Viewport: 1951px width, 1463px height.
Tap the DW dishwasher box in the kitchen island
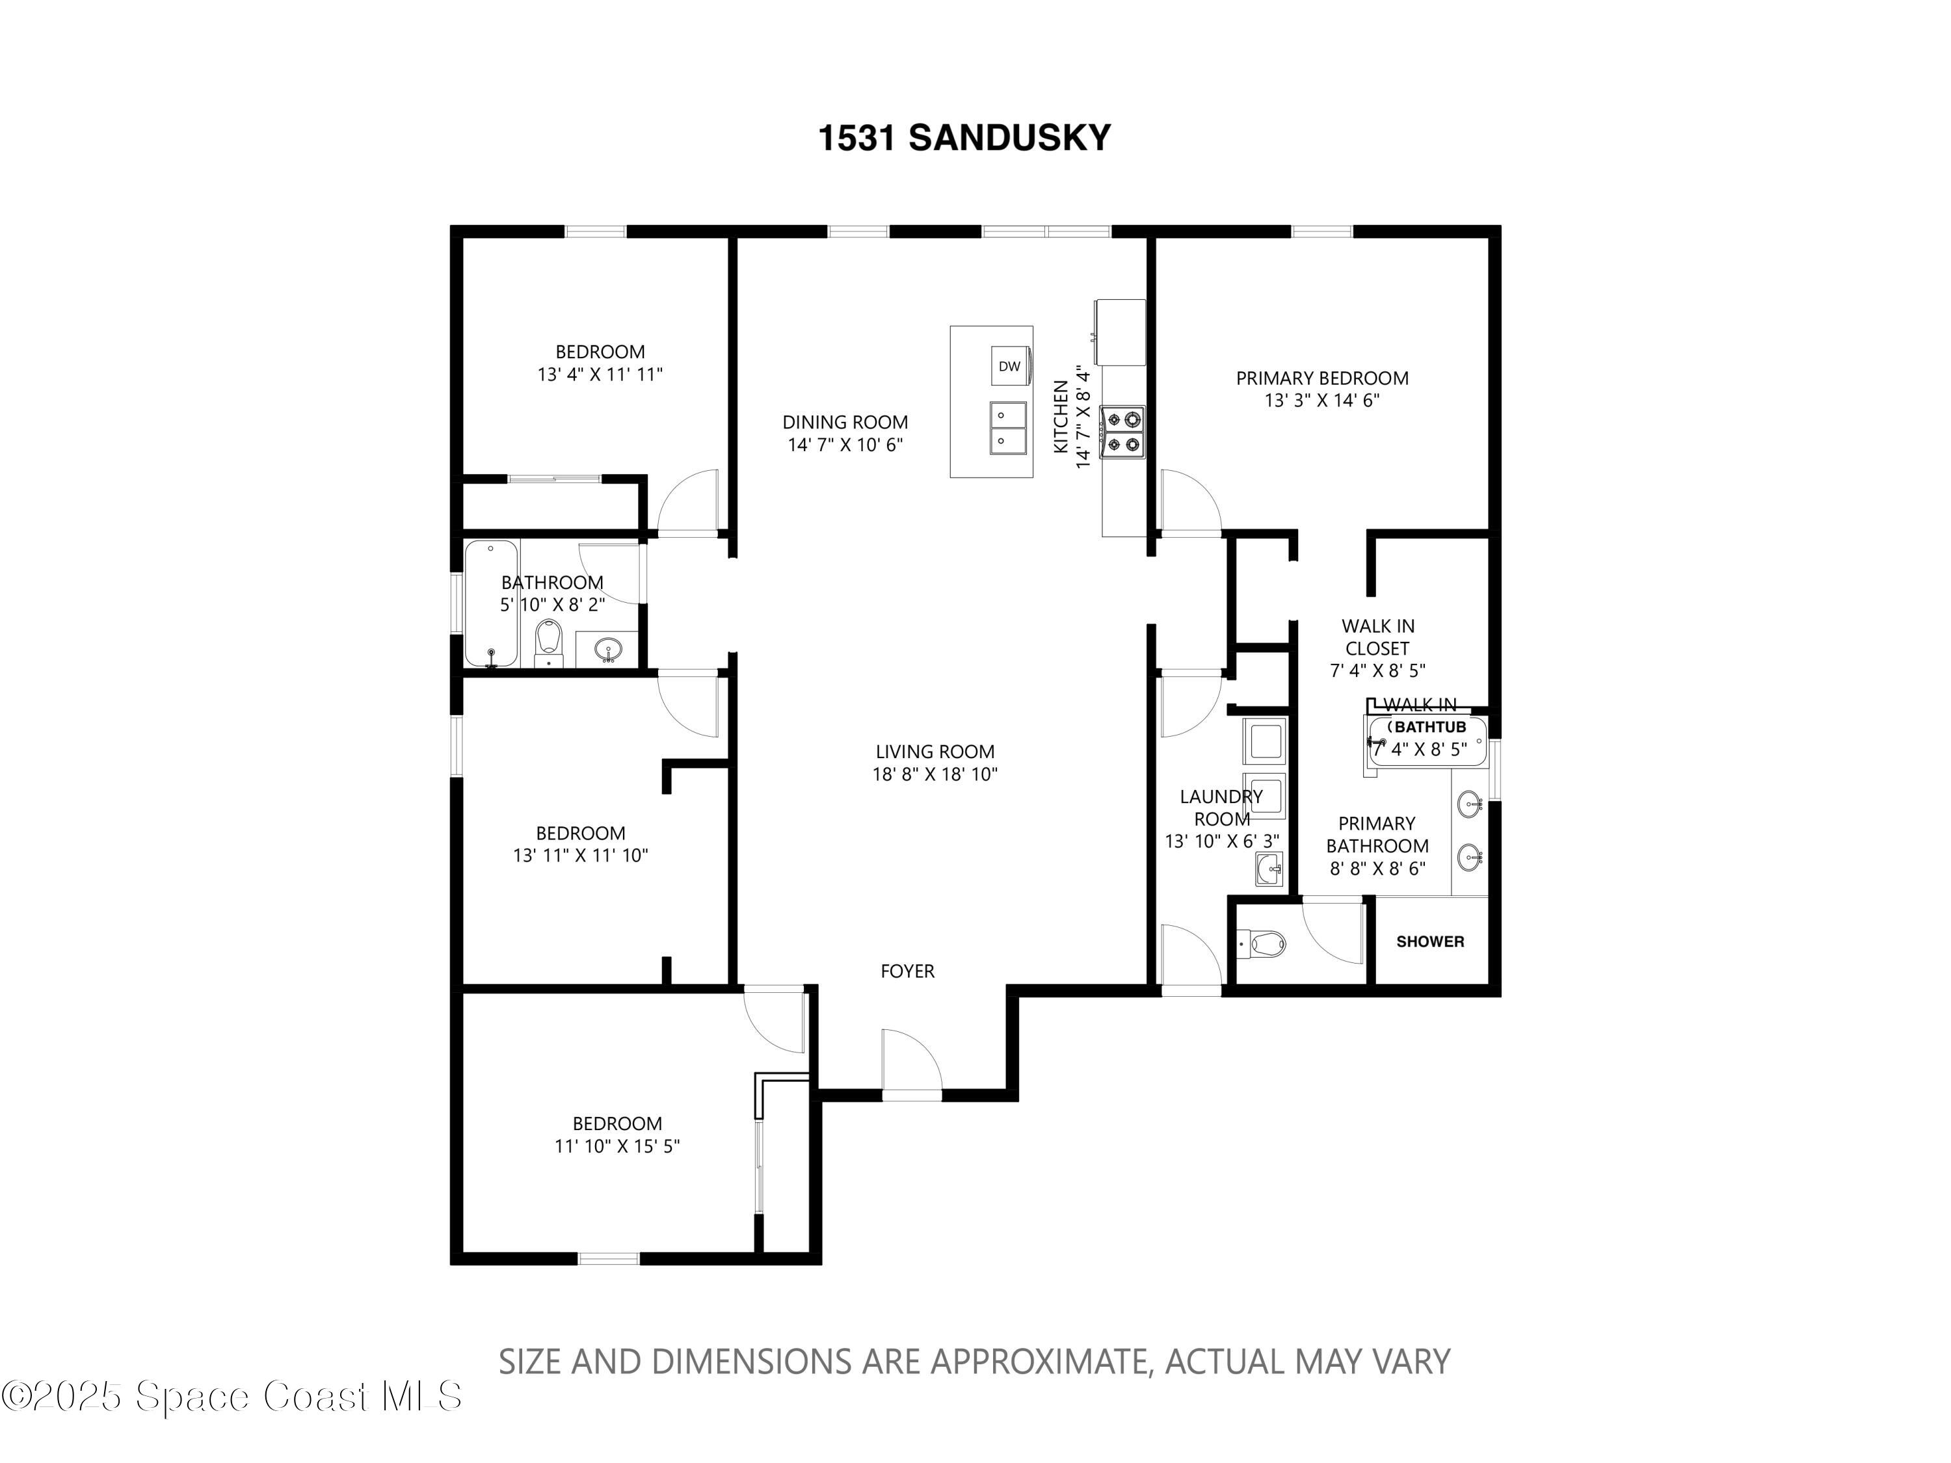[x=1010, y=366]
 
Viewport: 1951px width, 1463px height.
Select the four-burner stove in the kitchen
[x=1122, y=432]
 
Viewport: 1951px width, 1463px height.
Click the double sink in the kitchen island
[x=1008, y=428]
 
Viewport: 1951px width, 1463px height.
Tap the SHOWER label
[x=1429, y=942]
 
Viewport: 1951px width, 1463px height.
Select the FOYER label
[x=908, y=971]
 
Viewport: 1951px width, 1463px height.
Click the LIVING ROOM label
[x=935, y=752]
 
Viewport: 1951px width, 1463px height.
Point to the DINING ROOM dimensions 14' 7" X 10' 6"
[x=845, y=445]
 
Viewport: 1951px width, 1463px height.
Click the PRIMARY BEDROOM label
[x=1322, y=378]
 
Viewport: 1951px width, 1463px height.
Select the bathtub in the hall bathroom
[x=491, y=603]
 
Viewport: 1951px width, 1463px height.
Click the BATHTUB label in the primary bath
[x=1429, y=727]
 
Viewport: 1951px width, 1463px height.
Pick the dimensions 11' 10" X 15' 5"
[x=617, y=1146]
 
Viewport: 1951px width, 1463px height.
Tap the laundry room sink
[x=1269, y=869]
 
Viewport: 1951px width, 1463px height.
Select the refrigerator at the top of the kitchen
[x=1119, y=332]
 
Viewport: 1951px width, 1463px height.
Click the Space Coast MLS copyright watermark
[x=231, y=1396]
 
